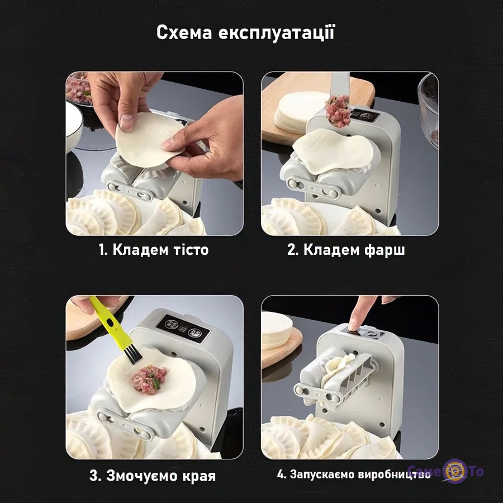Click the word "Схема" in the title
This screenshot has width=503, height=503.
click(184, 33)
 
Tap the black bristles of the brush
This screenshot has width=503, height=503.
click(132, 355)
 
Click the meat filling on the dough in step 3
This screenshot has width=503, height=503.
click(149, 379)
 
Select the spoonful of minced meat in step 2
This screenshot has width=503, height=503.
click(337, 110)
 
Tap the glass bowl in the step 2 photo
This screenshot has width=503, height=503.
click(429, 109)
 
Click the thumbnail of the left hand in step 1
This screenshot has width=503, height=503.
click(126, 122)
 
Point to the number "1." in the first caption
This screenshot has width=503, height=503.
click(103, 250)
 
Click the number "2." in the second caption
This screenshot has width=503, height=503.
click(292, 250)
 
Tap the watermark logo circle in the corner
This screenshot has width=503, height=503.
click(455, 471)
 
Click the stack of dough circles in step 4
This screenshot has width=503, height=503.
click(277, 330)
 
